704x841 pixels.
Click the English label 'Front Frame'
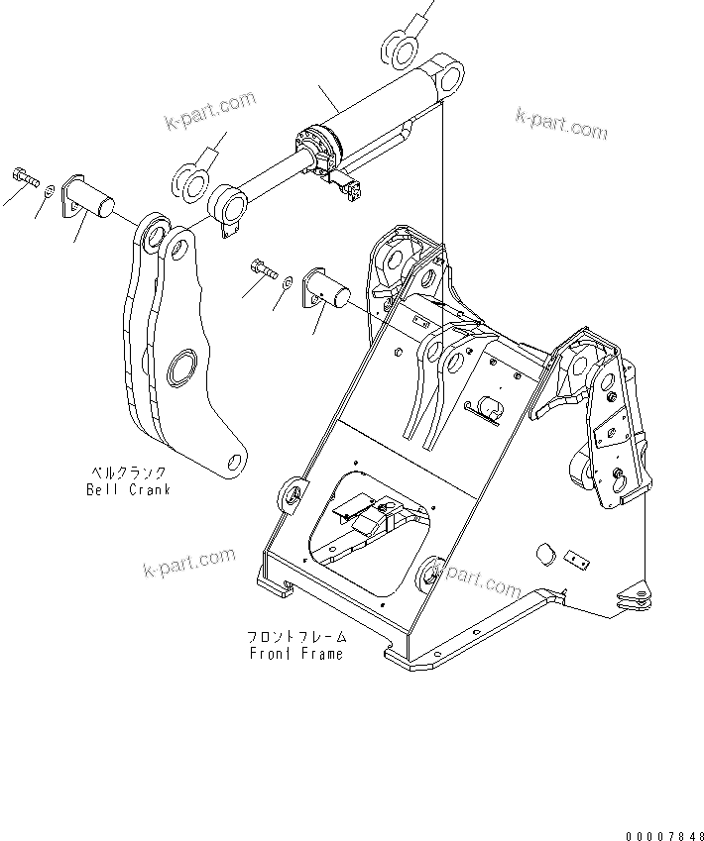(x=294, y=654)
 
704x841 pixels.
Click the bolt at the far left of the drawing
(x=25, y=178)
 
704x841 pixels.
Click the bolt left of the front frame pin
(x=261, y=267)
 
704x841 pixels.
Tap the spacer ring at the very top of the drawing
(x=398, y=50)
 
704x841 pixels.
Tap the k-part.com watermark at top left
(x=210, y=111)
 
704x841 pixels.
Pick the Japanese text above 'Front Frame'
(x=294, y=638)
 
